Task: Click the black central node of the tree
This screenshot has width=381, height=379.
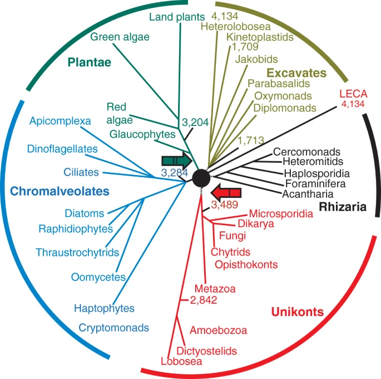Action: [x=201, y=178]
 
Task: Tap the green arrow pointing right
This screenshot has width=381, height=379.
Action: [x=177, y=161]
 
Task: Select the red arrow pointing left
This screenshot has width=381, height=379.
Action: [x=226, y=193]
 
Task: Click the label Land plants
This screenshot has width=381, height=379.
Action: [x=177, y=17]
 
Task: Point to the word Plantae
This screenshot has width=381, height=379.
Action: [x=90, y=62]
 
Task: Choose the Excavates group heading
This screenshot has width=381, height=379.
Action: [x=296, y=73]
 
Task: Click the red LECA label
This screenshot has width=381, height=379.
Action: [x=353, y=94]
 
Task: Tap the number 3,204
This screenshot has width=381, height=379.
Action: [x=195, y=123]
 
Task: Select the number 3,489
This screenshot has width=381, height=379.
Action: [x=225, y=205]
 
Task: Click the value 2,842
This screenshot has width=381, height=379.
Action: [x=204, y=300]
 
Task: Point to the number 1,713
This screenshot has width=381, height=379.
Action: [x=251, y=140]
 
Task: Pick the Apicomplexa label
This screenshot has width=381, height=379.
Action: [x=60, y=121]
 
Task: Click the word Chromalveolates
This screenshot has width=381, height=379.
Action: [x=60, y=191]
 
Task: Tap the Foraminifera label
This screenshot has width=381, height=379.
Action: [x=315, y=183]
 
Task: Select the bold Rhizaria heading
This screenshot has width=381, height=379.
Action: [x=343, y=207]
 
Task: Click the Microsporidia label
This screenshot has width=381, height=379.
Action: [x=281, y=213]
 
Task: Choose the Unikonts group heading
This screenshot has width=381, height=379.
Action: [x=298, y=312]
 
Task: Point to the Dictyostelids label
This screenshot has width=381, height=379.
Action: [x=206, y=351]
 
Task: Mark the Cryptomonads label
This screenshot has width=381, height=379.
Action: [x=113, y=328]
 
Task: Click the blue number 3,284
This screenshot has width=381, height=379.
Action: [x=175, y=173]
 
